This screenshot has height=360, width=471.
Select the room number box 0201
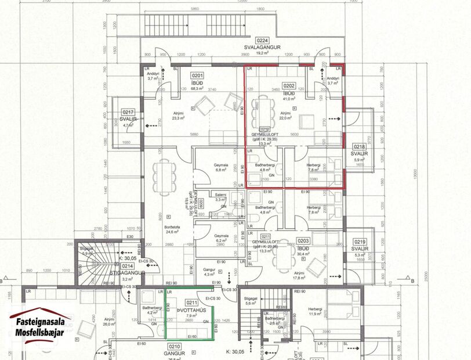pos(198,75)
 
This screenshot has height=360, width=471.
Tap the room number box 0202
pos(289,85)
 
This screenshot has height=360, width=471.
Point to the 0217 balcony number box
pos(128,112)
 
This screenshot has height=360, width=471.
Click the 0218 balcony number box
pos(360,147)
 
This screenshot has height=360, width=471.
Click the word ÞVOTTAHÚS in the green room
pos(189,310)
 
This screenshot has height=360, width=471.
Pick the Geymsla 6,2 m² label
pos(220,237)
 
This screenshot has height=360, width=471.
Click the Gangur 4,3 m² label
pos(209,271)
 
